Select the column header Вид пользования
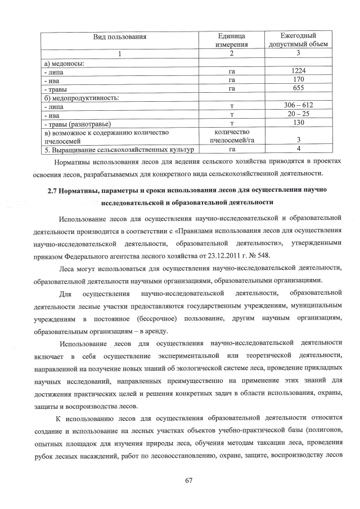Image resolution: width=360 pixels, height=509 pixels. [120, 37]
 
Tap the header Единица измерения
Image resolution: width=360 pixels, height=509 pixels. [231, 40]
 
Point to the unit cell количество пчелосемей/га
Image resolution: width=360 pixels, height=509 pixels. [231, 136]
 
